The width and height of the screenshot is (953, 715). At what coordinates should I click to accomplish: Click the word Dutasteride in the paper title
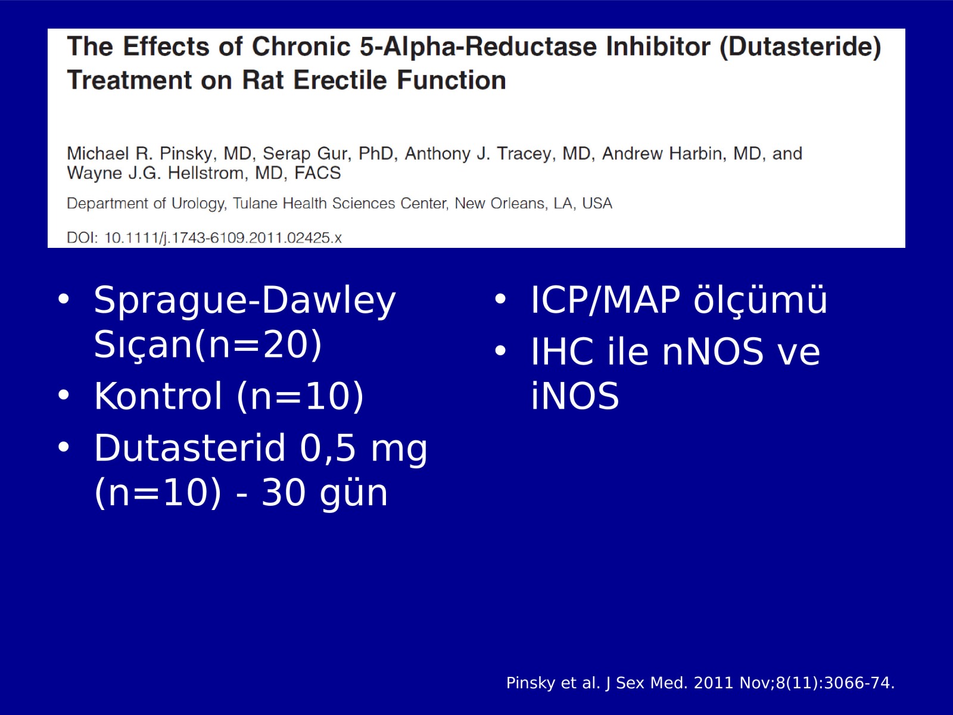[800, 46]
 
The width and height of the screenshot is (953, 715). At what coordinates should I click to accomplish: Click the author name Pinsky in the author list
[186, 154]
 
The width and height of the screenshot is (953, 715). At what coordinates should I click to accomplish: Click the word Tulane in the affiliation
[255, 203]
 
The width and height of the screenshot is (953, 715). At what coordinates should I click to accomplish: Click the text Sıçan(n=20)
[208, 345]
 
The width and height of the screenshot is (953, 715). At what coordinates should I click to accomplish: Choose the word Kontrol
[158, 396]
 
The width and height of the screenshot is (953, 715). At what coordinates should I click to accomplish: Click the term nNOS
[712, 351]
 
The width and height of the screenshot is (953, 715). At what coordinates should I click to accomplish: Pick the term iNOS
[575, 396]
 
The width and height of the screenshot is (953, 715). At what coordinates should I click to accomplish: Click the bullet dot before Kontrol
[64, 395]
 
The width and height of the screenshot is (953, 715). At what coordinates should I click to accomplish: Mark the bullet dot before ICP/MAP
[500, 299]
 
